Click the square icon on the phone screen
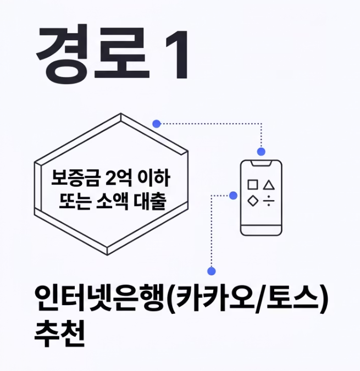(252, 185)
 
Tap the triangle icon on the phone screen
(269, 185)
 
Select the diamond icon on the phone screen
(252, 201)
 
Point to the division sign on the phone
(269, 201)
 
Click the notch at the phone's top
(261, 163)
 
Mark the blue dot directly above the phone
(261, 151)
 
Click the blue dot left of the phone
(233, 195)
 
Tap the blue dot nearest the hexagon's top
(157, 124)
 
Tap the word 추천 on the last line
(59, 333)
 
